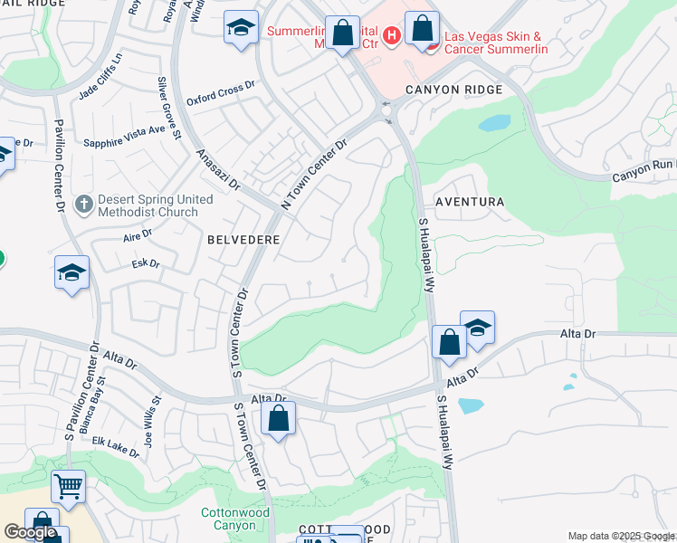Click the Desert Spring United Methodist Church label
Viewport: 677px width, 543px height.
click(x=147, y=207)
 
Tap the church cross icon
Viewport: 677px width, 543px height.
click(x=84, y=202)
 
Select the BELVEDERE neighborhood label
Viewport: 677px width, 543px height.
click(x=243, y=240)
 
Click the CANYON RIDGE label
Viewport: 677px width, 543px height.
click(x=453, y=90)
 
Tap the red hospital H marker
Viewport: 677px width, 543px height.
click(x=392, y=35)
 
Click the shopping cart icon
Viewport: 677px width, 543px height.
click(x=68, y=487)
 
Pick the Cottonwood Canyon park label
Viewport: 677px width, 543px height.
click(x=234, y=519)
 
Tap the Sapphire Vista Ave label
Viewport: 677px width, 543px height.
click(x=125, y=136)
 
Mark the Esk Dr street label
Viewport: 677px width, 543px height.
click(x=146, y=264)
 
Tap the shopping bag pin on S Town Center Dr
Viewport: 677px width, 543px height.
click(x=278, y=419)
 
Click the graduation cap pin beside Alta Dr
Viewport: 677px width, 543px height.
click(x=477, y=328)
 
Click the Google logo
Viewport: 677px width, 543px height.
click(x=31, y=532)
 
